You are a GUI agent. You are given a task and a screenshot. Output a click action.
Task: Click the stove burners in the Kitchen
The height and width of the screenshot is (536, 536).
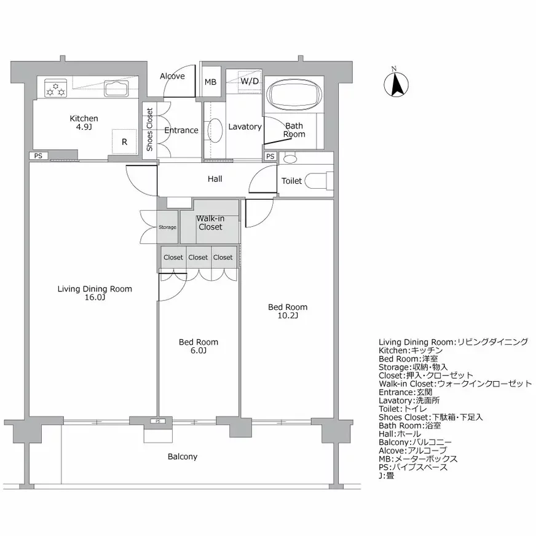(x=55, y=90)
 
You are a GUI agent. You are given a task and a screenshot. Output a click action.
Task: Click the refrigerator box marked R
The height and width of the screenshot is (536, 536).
(x=124, y=141)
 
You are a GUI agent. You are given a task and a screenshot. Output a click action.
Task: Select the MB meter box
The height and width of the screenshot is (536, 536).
(x=210, y=82)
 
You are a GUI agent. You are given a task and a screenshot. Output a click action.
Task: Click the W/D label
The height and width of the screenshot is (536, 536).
(x=249, y=81)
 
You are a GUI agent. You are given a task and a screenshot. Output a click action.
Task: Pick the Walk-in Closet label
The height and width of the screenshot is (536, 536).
(x=210, y=223)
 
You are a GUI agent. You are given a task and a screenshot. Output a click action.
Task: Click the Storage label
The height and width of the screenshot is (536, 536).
(x=167, y=227)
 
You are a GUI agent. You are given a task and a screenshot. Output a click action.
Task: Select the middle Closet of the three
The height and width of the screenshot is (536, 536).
(x=198, y=258)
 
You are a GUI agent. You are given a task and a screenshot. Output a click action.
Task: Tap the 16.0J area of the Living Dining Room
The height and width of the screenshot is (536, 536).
(x=95, y=298)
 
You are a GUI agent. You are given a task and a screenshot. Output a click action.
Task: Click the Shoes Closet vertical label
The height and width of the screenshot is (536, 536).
(x=149, y=130)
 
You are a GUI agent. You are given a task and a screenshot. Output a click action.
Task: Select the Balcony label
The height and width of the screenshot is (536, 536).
(x=182, y=457)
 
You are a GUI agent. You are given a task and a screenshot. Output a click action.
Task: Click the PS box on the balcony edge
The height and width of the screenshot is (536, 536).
(x=157, y=422)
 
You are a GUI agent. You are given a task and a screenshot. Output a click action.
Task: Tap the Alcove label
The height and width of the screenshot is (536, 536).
(x=172, y=76)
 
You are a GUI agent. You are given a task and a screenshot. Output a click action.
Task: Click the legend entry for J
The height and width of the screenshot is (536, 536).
(x=387, y=475)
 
